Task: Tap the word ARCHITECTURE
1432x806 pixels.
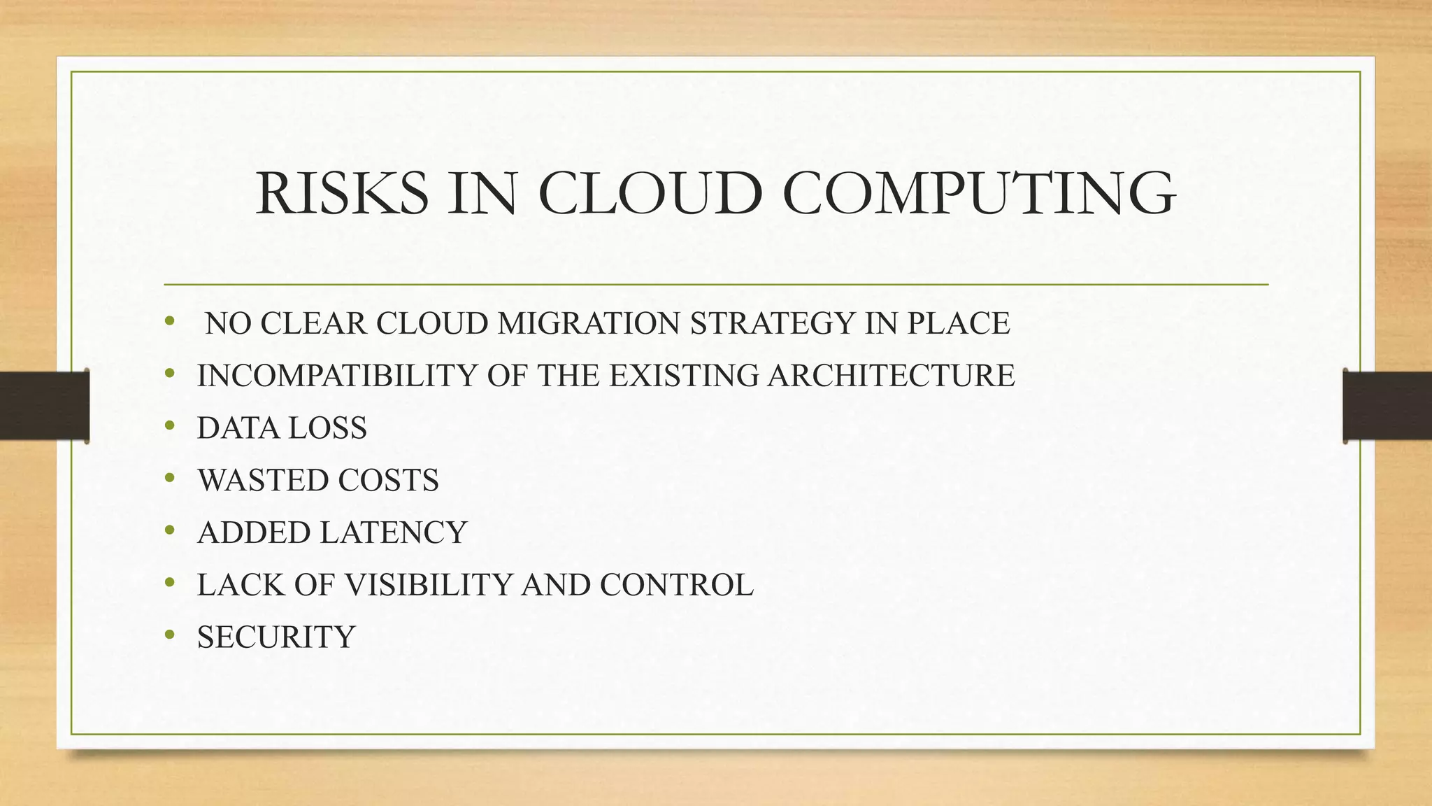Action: [x=891, y=376]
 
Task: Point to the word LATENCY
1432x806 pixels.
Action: [x=393, y=532]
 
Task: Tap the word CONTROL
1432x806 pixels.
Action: [x=676, y=585]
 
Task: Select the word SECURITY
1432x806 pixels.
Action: [x=276, y=637]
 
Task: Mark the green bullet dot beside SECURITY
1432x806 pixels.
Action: [x=169, y=634]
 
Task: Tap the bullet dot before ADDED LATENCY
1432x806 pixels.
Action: [x=169, y=530]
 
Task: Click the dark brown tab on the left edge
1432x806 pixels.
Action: [x=44, y=406]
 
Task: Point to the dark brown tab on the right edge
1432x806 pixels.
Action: [x=1387, y=406]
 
